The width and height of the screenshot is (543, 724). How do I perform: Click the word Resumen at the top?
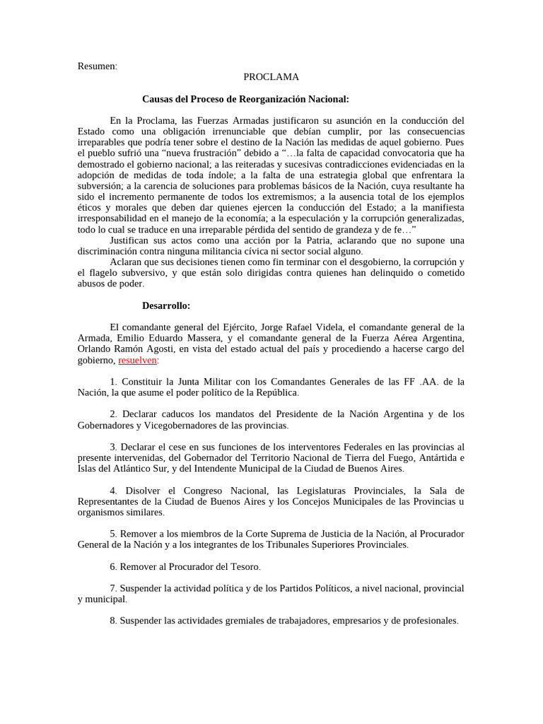pyautogui.click(x=97, y=66)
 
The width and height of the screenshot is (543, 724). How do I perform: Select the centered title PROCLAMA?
pyautogui.click(x=271, y=76)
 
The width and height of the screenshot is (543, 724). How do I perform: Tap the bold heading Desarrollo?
pyautogui.click(x=165, y=305)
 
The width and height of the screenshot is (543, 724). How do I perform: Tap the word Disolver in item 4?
pyautogui.click(x=146, y=490)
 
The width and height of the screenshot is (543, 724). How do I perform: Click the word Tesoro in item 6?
pyautogui.click(x=245, y=566)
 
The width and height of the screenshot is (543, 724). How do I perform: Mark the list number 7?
pyautogui.click(x=112, y=588)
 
